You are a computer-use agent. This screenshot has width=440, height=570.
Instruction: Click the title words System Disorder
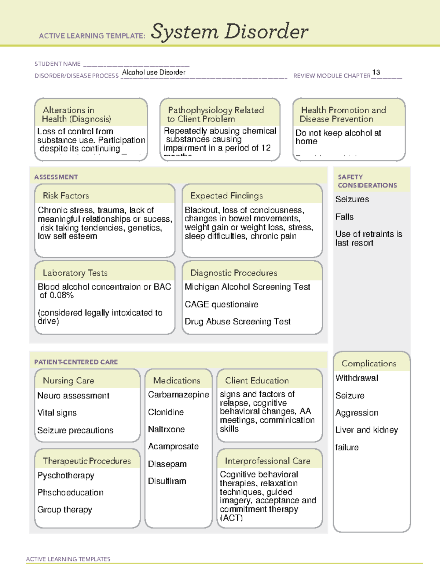click(x=229, y=32)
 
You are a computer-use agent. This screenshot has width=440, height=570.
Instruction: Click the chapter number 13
click(x=376, y=72)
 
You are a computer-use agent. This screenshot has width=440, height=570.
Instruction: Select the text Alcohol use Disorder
click(x=154, y=72)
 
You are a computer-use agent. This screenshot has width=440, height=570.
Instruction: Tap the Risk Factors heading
click(x=66, y=196)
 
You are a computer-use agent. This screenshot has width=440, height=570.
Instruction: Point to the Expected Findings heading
click(x=226, y=196)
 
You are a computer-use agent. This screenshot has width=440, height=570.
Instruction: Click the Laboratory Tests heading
click(x=75, y=273)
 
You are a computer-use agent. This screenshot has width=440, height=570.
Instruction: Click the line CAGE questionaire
click(x=221, y=304)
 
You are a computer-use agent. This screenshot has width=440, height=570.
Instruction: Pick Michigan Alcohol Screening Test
click(x=247, y=287)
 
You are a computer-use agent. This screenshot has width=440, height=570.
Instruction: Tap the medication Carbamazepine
click(x=178, y=395)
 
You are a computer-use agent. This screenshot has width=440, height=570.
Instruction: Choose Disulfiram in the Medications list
click(x=167, y=481)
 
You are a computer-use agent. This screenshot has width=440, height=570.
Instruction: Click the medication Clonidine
click(x=166, y=412)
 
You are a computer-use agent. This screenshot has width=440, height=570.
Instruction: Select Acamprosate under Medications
click(x=173, y=446)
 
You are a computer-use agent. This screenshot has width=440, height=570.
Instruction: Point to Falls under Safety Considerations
click(x=344, y=217)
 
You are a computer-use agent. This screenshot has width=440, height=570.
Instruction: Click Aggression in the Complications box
click(x=356, y=413)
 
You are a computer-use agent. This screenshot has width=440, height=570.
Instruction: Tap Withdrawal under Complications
click(x=356, y=378)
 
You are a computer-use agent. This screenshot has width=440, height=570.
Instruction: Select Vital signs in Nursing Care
click(x=57, y=413)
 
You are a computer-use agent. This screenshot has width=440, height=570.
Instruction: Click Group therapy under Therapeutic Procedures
click(x=65, y=510)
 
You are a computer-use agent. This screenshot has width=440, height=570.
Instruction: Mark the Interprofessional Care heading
click(x=267, y=461)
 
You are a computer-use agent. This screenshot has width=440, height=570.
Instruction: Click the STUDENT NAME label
click(x=58, y=64)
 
